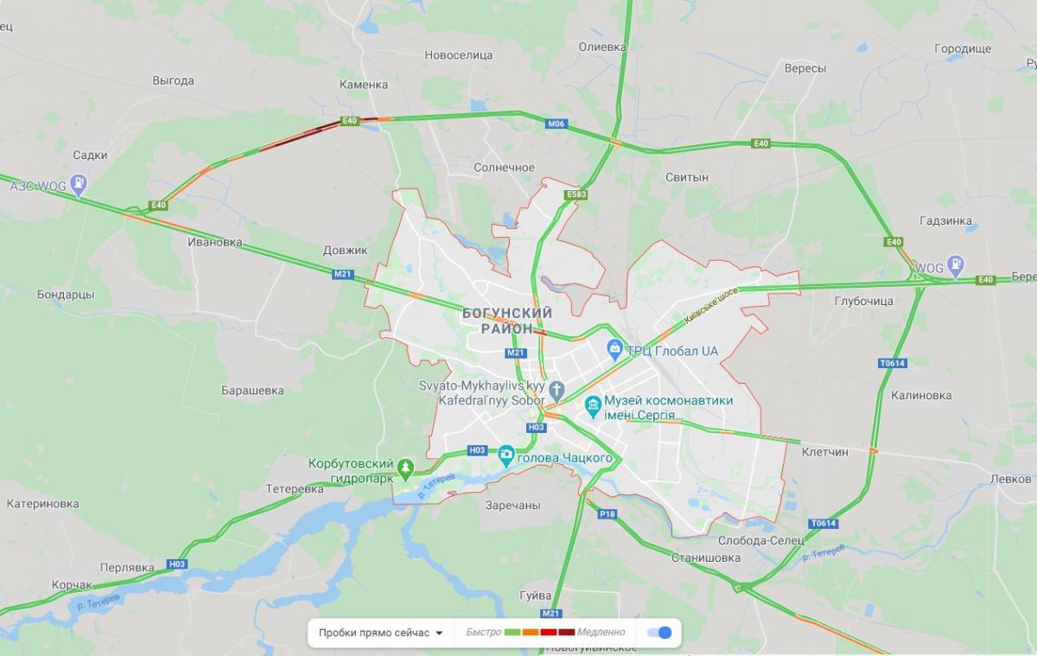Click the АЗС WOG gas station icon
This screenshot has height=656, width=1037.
(80, 184)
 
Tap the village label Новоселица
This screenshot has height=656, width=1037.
(458, 55)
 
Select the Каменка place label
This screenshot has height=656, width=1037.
(363, 85)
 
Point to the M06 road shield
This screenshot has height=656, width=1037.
(557, 124)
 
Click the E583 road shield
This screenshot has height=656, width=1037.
(576, 195)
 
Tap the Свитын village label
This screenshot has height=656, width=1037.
(687, 177)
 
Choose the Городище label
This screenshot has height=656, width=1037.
(963, 49)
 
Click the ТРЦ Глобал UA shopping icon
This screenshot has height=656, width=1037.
(614, 349)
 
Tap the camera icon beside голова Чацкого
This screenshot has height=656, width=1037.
(506, 453)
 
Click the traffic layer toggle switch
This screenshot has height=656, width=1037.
(659, 633)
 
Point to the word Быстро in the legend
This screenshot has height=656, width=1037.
(483, 633)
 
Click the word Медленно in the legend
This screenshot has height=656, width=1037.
(601, 633)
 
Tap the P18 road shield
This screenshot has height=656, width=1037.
(608, 514)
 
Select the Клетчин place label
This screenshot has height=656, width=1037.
(824, 452)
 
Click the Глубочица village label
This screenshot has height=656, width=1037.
(863, 301)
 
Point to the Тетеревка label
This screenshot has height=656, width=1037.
(294, 489)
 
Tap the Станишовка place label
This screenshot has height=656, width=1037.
(706, 558)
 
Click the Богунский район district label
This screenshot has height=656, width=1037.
(507, 321)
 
